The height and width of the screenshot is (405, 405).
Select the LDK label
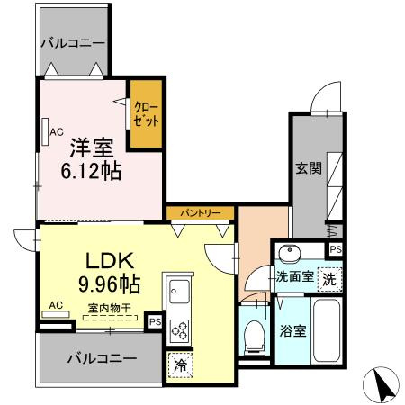click(x=109, y=262)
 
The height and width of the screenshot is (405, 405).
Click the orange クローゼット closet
click(x=146, y=115)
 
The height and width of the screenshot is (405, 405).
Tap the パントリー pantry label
click(x=202, y=213)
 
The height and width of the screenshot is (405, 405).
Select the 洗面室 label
click(x=294, y=277)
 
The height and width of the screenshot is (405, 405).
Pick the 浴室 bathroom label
click(x=293, y=330)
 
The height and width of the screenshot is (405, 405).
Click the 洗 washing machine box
click(x=329, y=279)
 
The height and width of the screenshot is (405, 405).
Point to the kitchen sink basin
click(x=177, y=292)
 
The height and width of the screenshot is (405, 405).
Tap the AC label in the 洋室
click(x=56, y=132)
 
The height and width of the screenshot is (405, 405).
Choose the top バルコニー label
click(x=73, y=43)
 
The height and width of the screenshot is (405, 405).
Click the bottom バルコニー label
click(x=103, y=358)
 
